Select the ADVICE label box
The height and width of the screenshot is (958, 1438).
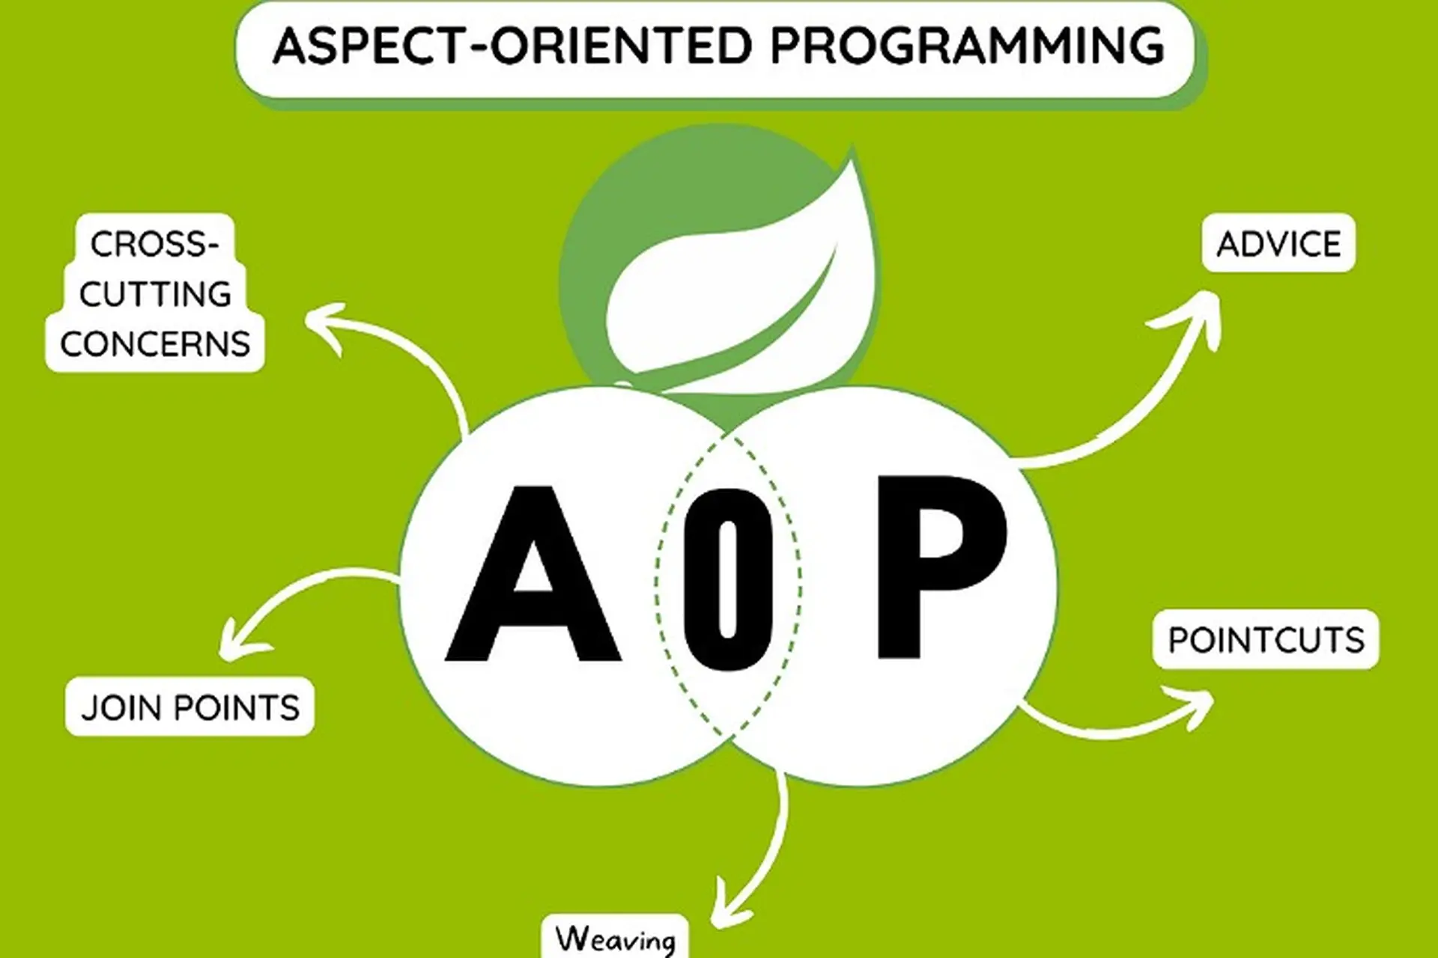(1278, 244)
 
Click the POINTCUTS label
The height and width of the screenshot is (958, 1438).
(1266, 640)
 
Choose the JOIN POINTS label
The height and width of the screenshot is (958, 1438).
(189, 707)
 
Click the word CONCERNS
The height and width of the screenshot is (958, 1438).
(155, 344)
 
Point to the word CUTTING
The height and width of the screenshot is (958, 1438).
(155, 294)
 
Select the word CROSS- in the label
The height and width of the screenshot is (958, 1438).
(155, 244)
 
